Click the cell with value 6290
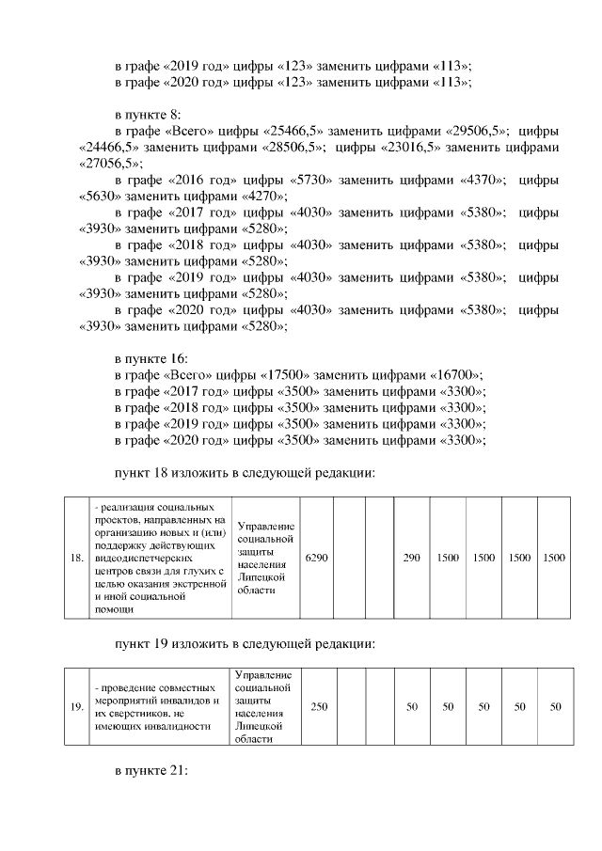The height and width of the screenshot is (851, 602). click(x=317, y=558)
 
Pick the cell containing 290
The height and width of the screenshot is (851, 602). click(x=411, y=558)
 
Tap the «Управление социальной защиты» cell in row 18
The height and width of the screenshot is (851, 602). click(x=266, y=558)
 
